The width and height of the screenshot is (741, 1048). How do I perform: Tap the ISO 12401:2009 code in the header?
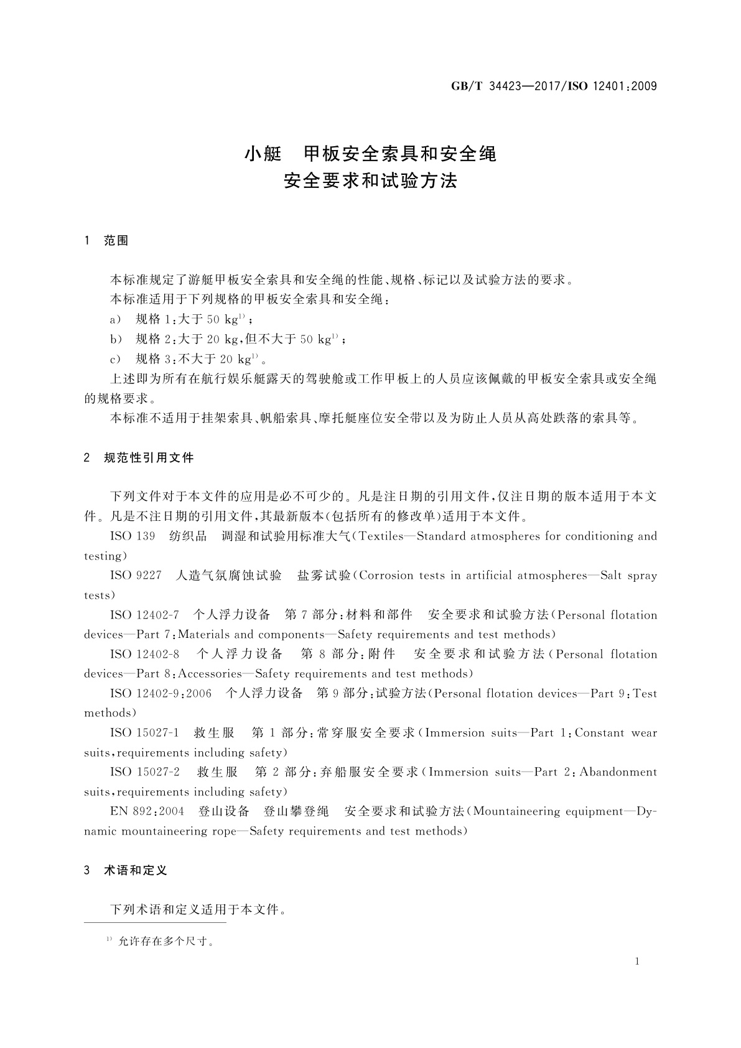pos(613,87)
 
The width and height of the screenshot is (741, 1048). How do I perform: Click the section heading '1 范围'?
pos(106,241)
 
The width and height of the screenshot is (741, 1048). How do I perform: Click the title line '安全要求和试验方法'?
pos(370,181)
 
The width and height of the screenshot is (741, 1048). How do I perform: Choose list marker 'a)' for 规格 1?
pos(116,320)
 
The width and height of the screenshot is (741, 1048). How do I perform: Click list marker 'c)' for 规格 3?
pos(116,359)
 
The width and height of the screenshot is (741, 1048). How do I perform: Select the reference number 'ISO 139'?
pos(133,536)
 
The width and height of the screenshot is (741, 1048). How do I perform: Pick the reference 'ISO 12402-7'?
pos(144,615)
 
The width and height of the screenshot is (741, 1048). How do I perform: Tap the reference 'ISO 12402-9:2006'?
pos(161,694)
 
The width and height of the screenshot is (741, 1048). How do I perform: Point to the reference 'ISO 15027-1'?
pos(144,733)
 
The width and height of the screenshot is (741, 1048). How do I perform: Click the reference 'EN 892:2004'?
pos(147,812)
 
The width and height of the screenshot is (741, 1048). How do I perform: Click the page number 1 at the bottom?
pos(637,961)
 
